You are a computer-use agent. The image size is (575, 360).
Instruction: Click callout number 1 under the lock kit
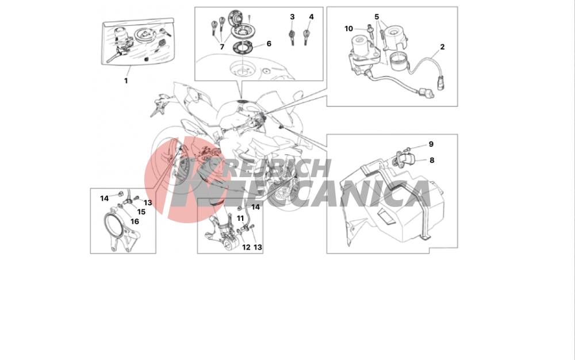click(126, 81)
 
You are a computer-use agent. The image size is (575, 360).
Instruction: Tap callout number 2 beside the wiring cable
click(442, 47)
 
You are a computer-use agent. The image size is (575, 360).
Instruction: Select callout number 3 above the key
click(292, 17)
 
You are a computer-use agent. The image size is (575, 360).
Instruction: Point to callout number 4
click(311, 17)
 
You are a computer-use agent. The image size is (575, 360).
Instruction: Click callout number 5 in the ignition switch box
click(377, 17)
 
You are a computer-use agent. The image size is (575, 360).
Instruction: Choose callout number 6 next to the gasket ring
click(269, 44)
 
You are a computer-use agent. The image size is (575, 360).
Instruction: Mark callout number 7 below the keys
click(222, 47)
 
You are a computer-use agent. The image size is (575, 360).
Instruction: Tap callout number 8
click(432, 160)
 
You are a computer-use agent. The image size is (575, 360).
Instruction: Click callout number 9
click(431, 144)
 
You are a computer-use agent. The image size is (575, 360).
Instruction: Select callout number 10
click(349, 29)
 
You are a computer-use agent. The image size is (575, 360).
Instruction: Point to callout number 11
click(240, 219)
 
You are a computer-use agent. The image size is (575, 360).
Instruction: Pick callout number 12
click(246, 247)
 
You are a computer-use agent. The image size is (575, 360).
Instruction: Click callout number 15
click(141, 212)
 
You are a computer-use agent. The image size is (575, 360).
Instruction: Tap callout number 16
click(135, 221)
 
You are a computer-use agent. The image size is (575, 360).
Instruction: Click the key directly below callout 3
click(292, 37)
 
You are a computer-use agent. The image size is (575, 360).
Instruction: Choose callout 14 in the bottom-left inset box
click(105, 198)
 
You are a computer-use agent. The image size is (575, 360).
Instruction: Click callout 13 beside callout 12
click(258, 247)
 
